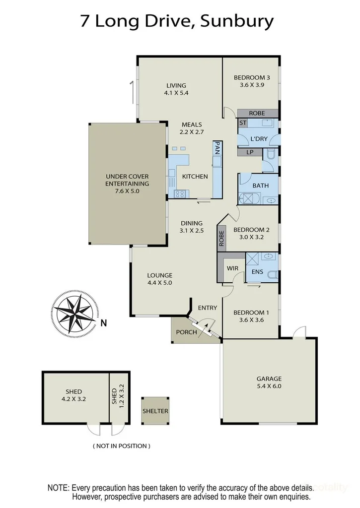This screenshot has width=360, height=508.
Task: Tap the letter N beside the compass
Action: (104, 324)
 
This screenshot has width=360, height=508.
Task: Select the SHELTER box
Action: (155, 411)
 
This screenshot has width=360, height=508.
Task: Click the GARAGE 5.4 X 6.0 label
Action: (269, 381)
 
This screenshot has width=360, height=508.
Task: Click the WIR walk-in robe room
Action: (232, 268)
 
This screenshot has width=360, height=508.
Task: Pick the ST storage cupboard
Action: (243, 123)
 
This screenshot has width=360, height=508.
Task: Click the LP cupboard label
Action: (250, 152)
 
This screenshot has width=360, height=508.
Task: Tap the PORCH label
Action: (187, 332)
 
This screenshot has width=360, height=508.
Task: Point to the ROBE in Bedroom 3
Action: (257, 113)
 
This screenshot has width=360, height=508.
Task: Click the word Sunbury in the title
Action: (237, 21)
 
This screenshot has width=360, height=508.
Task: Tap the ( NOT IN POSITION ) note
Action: (121, 446)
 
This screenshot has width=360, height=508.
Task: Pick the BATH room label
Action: (260, 186)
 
